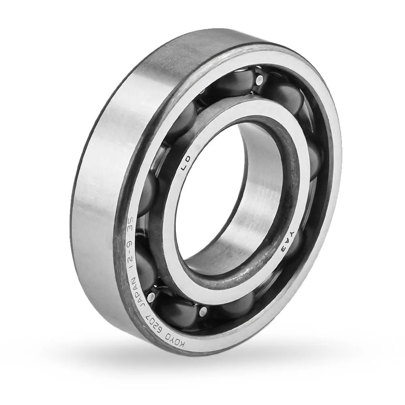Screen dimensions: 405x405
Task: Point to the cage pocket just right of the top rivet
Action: pyautogui.click(x=283, y=97)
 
